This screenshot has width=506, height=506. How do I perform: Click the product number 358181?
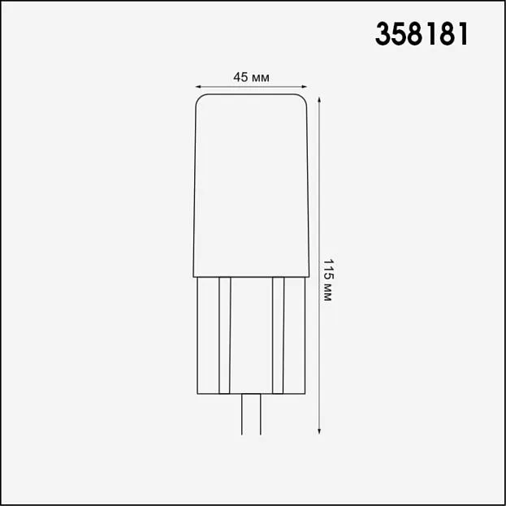422,34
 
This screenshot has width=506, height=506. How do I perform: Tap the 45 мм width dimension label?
252,77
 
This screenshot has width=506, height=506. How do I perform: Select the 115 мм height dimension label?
327,279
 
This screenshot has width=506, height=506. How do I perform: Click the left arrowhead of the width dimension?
198,86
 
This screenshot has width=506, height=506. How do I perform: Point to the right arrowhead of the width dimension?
304,86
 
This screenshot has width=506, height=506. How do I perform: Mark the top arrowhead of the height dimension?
319,100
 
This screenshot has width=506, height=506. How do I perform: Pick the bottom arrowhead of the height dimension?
319,431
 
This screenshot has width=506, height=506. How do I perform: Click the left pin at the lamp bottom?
242,414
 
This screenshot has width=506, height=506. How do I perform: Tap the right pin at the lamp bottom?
261,414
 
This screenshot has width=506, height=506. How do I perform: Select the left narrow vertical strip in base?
225,335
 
